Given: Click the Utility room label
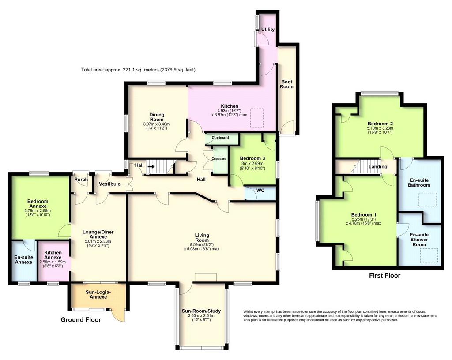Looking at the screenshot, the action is [x=268, y=30].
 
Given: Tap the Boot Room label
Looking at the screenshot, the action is [x=287, y=84].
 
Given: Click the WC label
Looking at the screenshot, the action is [x=260, y=191].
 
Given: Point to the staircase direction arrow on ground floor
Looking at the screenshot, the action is [x=151, y=166].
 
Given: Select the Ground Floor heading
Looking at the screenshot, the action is [x=81, y=320].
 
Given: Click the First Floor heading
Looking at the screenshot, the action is [x=384, y=276].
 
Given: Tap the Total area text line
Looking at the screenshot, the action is [x=138, y=70].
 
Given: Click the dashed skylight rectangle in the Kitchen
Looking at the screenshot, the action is [x=257, y=118].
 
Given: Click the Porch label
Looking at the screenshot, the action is [x=81, y=180].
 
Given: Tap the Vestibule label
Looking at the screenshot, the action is [x=109, y=184].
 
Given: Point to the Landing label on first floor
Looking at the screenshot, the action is [x=378, y=167].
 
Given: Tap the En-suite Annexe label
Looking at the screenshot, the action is [x=24, y=259].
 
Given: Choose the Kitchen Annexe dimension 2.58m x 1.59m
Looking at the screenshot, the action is [x=53, y=262].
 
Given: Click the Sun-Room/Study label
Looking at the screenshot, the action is [x=201, y=311].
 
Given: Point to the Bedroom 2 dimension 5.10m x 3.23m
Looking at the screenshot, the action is [x=380, y=128].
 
